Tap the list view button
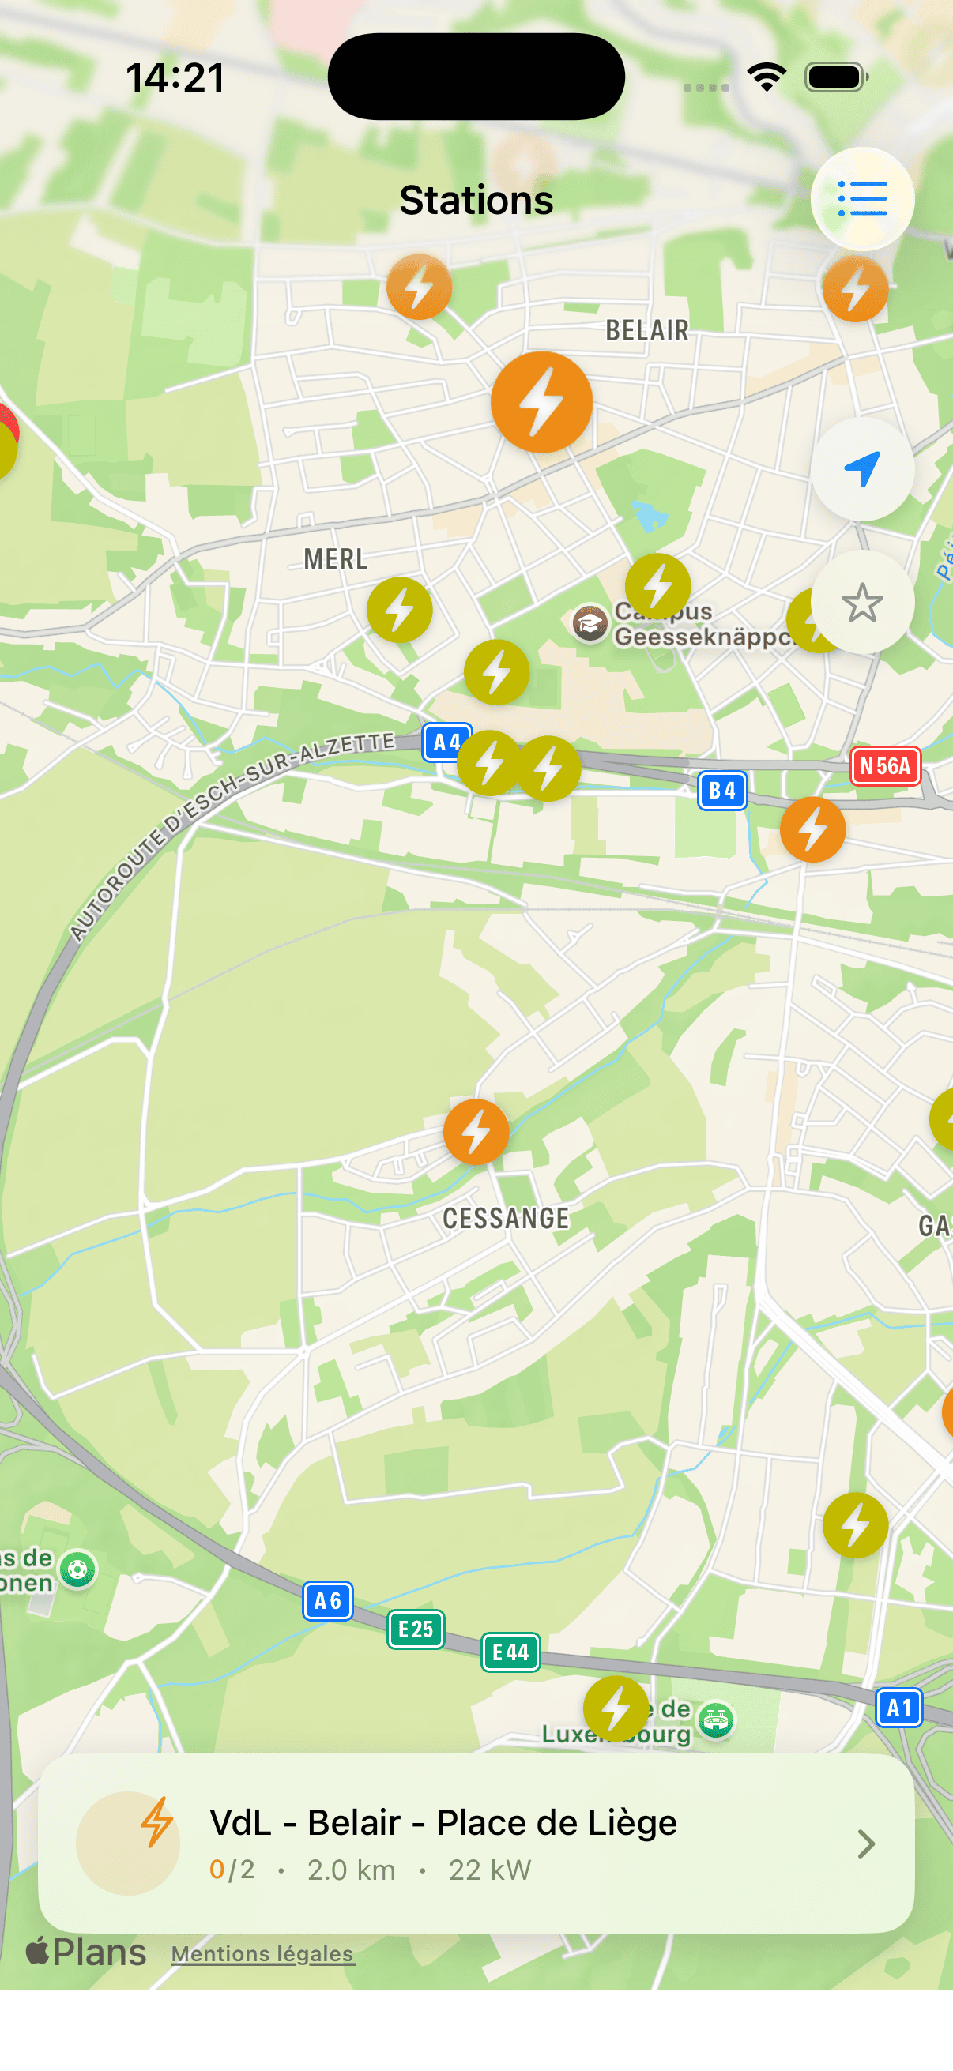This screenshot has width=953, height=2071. pos(862,198)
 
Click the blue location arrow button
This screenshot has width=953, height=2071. pos(862,468)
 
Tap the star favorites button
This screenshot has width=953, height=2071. pos(862,602)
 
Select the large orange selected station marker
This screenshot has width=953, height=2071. pos(541,402)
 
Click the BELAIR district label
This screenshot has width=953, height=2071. pos(647,330)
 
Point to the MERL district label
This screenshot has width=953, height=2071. pos(335,558)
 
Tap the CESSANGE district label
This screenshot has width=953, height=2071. pos(506,1218)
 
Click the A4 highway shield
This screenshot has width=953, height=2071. pos(446,742)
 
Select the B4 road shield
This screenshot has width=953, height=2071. pos(722,791)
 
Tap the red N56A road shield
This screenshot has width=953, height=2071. pos(884,765)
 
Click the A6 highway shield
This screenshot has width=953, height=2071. pos(327,1601)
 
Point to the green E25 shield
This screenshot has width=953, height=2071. pos(416,1629)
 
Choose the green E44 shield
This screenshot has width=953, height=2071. pos(510,1652)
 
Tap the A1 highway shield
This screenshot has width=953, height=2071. pos(898,1707)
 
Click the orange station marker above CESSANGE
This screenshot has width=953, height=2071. pos(476,1132)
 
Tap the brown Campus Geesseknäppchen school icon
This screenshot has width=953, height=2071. pos(590,623)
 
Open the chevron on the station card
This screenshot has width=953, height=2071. pos(865,1844)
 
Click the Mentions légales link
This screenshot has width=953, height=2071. pos(262,1953)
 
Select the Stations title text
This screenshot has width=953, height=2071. pos(476,199)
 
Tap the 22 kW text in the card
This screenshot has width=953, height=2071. pos(490,1870)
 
